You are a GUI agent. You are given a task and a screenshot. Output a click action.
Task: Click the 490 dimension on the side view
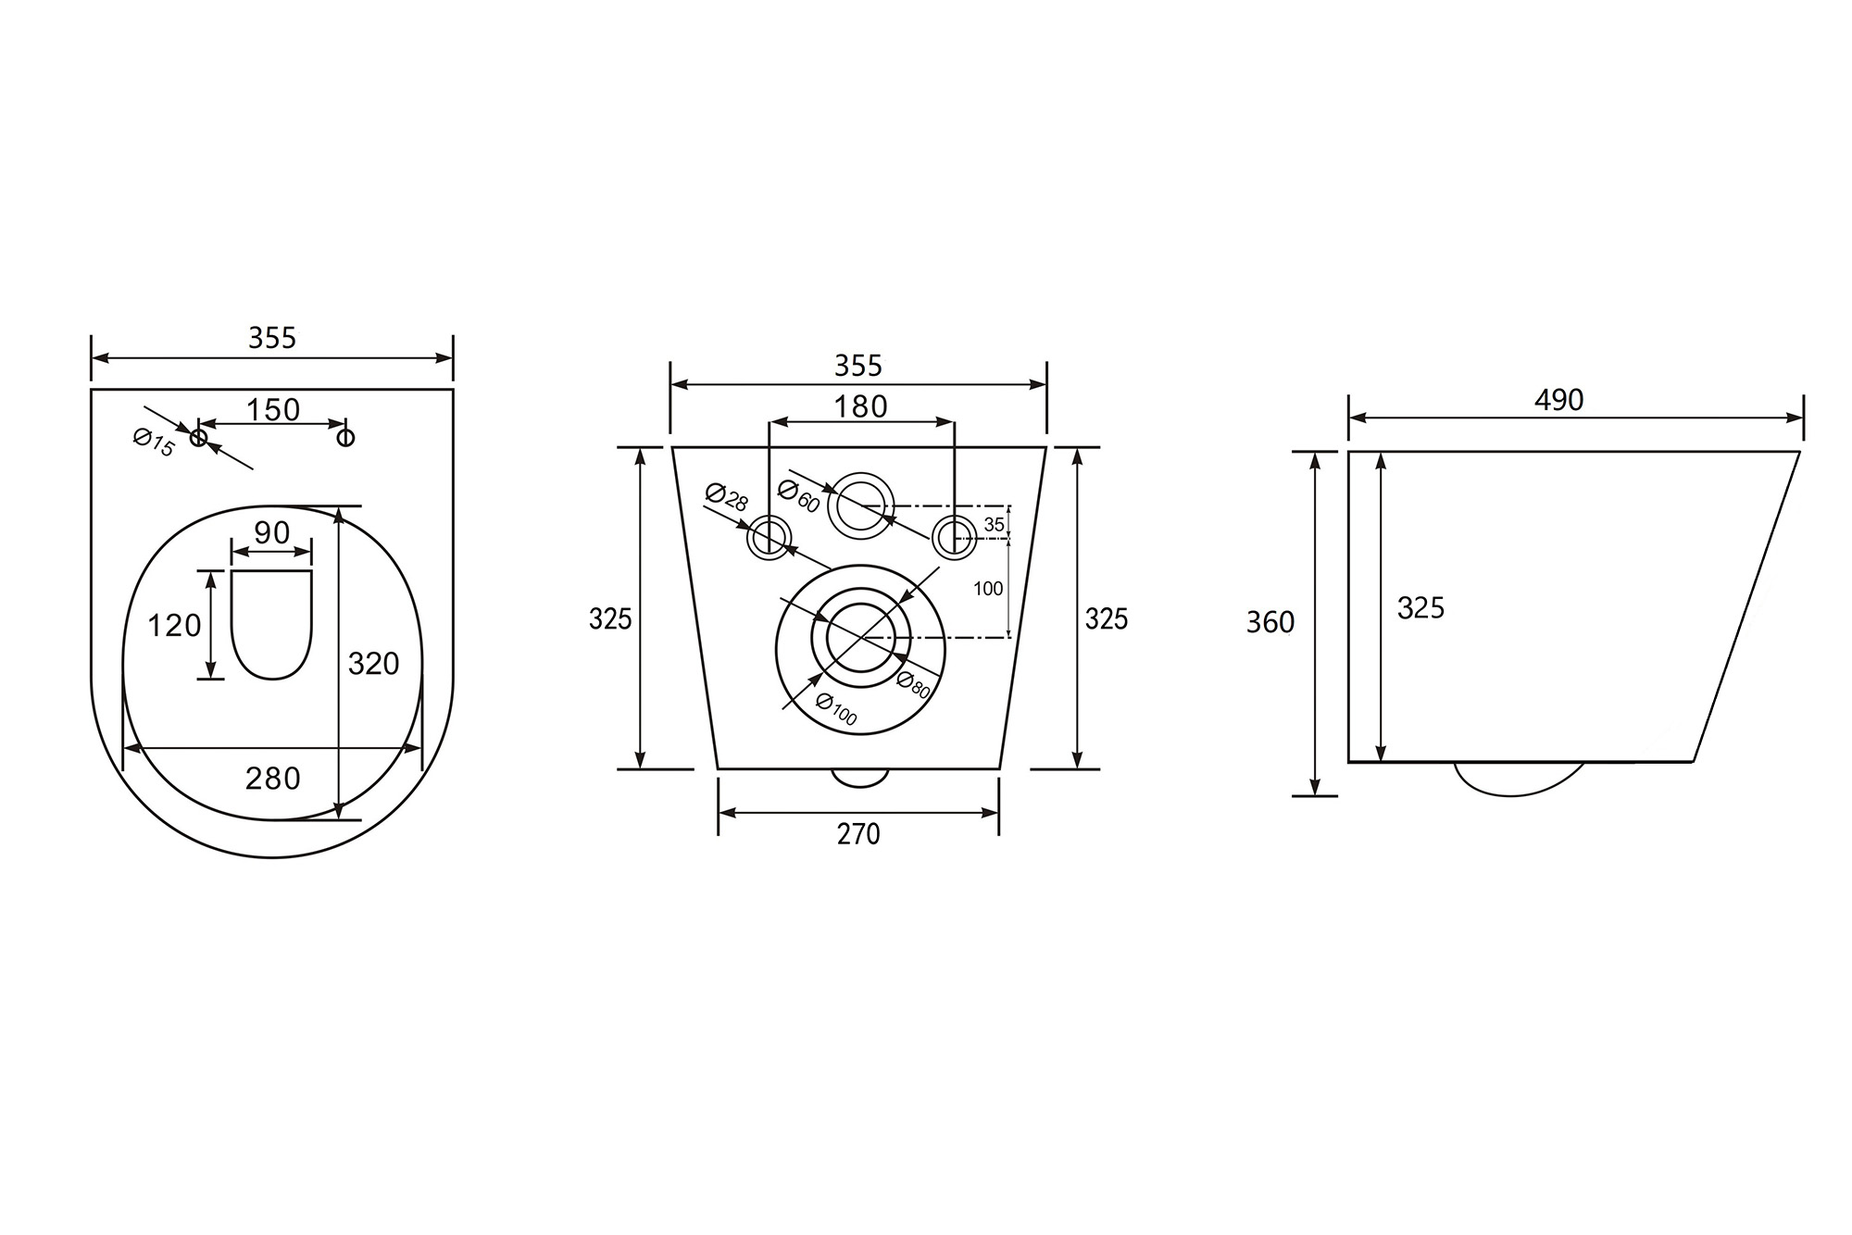tap(1559, 400)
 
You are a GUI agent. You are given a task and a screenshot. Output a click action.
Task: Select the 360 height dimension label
tap(1270, 623)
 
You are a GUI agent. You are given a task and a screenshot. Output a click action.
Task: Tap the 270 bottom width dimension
tap(858, 834)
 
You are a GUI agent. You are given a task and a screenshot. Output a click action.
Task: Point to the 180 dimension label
tap(860, 406)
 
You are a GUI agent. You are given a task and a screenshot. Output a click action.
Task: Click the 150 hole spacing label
tap(273, 409)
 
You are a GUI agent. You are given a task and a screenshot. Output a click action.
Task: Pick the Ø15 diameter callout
tap(154, 442)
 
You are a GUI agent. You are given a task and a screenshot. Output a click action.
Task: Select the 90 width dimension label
tap(271, 533)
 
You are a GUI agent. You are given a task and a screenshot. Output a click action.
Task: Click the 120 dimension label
tap(174, 626)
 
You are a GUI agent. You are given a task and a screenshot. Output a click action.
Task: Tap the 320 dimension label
tap(373, 664)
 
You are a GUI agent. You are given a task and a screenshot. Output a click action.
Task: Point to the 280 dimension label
tap(272, 779)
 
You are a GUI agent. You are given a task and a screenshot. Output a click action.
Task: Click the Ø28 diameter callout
tap(726, 496)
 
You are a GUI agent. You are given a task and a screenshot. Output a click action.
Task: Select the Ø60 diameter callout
tap(799, 496)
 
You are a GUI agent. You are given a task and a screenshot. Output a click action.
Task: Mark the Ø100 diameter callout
tap(836, 709)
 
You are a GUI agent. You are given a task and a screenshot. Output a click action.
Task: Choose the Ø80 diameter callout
tap(913, 683)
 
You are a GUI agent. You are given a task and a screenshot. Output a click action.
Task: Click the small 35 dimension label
tap(994, 525)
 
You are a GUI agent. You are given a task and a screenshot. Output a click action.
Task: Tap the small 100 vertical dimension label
tap(988, 588)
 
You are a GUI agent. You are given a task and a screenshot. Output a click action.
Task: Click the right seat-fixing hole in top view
tap(345, 436)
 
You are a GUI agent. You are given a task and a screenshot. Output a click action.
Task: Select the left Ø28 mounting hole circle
tap(770, 538)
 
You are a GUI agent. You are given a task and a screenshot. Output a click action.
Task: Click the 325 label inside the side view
tap(1420, 608)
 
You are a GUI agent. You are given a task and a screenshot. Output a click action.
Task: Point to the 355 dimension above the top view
tap(272, 339)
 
